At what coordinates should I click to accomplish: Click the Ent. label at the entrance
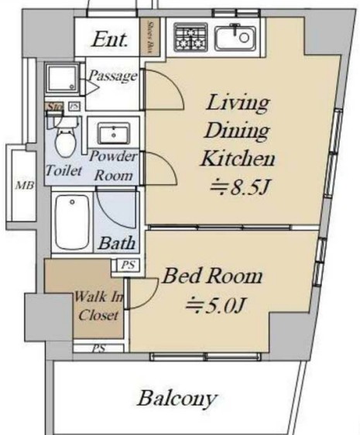[111, 38]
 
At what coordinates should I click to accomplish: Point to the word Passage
[111, 76]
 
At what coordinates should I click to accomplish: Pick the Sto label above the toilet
[54, 106]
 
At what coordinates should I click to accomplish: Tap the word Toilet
[64, 171]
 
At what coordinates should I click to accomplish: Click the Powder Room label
[113, 165]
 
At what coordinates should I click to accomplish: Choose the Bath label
[117, 243]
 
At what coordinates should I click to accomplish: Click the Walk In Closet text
[98, 305]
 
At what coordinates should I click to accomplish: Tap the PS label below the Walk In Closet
[99, 348]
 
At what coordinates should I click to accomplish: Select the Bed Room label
[211, 276]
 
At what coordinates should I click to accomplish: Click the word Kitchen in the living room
[238, 159]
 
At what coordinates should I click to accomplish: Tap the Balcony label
[177, 399]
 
